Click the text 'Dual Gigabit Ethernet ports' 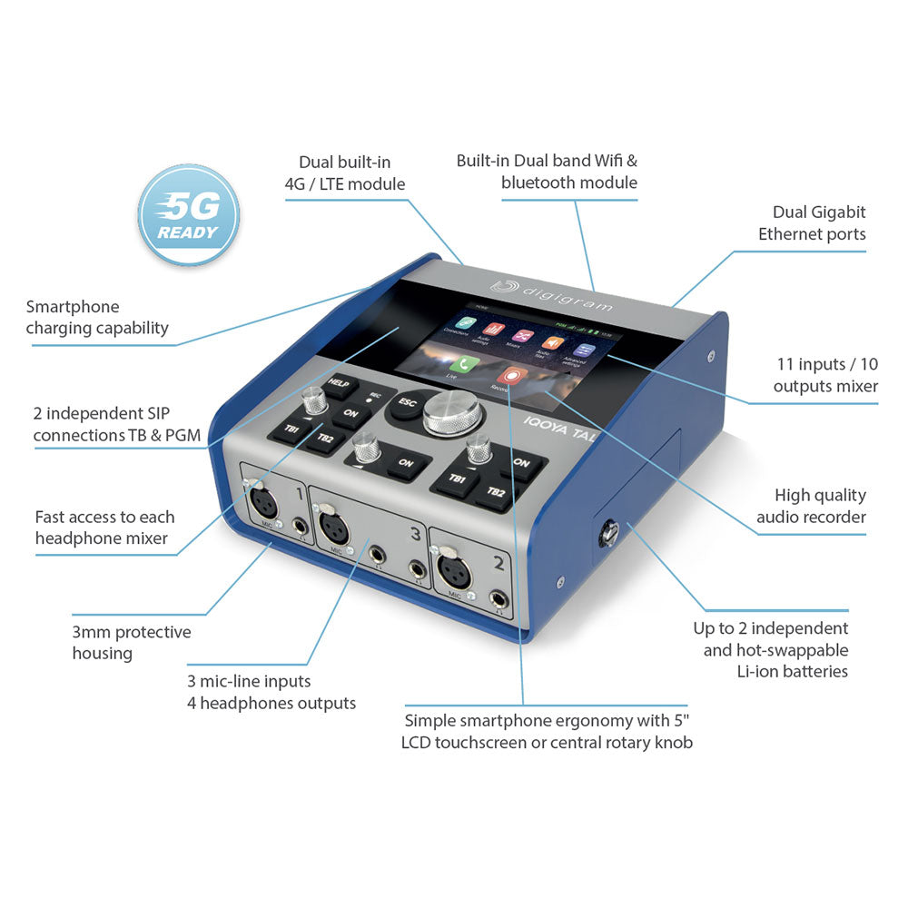click(x=812, y=222)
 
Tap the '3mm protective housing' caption click(x=131, y=642)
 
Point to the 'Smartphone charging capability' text click(x=97, y=318)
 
